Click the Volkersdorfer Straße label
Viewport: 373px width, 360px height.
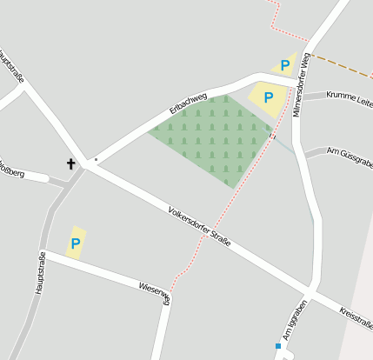pyautogui.click(x=199, y=225)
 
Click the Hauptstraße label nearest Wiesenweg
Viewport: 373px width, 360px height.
pyautogui.click(x=40, y=272)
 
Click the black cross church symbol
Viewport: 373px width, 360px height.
pyautogui.click(x=70, y=163)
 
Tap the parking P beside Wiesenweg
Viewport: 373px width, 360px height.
pyautogui.click(x=76, y=243)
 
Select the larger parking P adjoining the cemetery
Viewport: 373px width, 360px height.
pyautogui.click(x=269, y=98)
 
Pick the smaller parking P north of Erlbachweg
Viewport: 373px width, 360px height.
pyautogui.click(x=284, y=66)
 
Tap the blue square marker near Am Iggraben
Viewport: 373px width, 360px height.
pyautogui.click(x=278, y=346)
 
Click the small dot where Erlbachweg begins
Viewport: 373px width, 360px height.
pyautogui.click(x=96, y=160)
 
